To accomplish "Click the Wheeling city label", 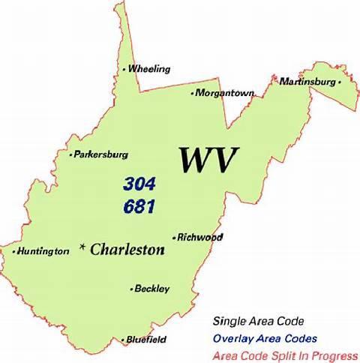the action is pyautogui.click(x=149, y=69).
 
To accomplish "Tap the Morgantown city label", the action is pyautogui.click(x=225, y=94).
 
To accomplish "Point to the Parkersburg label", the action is pyautogui.click(x=100, y=154).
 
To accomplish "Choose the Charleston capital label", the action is pyautogui.click(x=127, y=250).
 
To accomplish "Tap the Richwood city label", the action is pyautogui.click(x=200, y=237).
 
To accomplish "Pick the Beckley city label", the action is pyautogui.click(x=152, y=289).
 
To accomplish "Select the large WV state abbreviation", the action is pyautogui.click(x=208, y=160).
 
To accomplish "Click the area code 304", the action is pyautogui.click(x=139, y=184).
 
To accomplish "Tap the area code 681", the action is pyautogui.click(x=139, y=206).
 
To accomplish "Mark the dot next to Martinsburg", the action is pyautogui.click(x=339, y=82).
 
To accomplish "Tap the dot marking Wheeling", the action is pyautogui.click(x=124, y=70).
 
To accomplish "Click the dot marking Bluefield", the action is pyautogui.click(x=123, y=340).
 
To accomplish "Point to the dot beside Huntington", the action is pyautogui.click(x=14, y=252).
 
